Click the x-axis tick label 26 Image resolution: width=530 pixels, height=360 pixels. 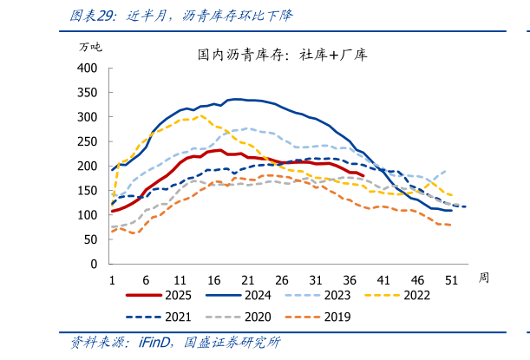tap(281, 279)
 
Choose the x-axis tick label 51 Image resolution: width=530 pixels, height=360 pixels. tap(451, 279)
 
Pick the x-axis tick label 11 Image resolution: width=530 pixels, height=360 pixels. tap(180, 279)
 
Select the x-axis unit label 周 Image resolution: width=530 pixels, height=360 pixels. tap(484, 278)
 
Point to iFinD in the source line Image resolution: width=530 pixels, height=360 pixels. tap(156, 343)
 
